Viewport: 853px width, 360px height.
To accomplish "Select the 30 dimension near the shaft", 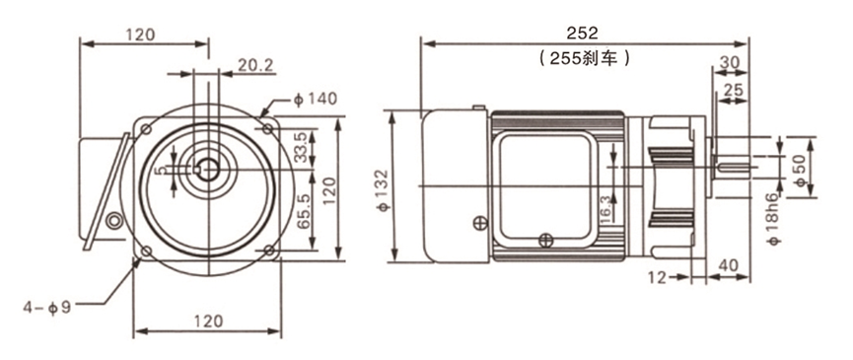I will [x=731, y=61].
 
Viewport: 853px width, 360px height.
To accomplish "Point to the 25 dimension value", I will [x=734, y=90].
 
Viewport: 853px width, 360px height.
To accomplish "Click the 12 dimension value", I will [x=657, y=278].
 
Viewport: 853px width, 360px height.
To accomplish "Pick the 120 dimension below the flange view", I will [x=208, y=321].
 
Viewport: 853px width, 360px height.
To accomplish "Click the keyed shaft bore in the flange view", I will [x=208, y=169].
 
